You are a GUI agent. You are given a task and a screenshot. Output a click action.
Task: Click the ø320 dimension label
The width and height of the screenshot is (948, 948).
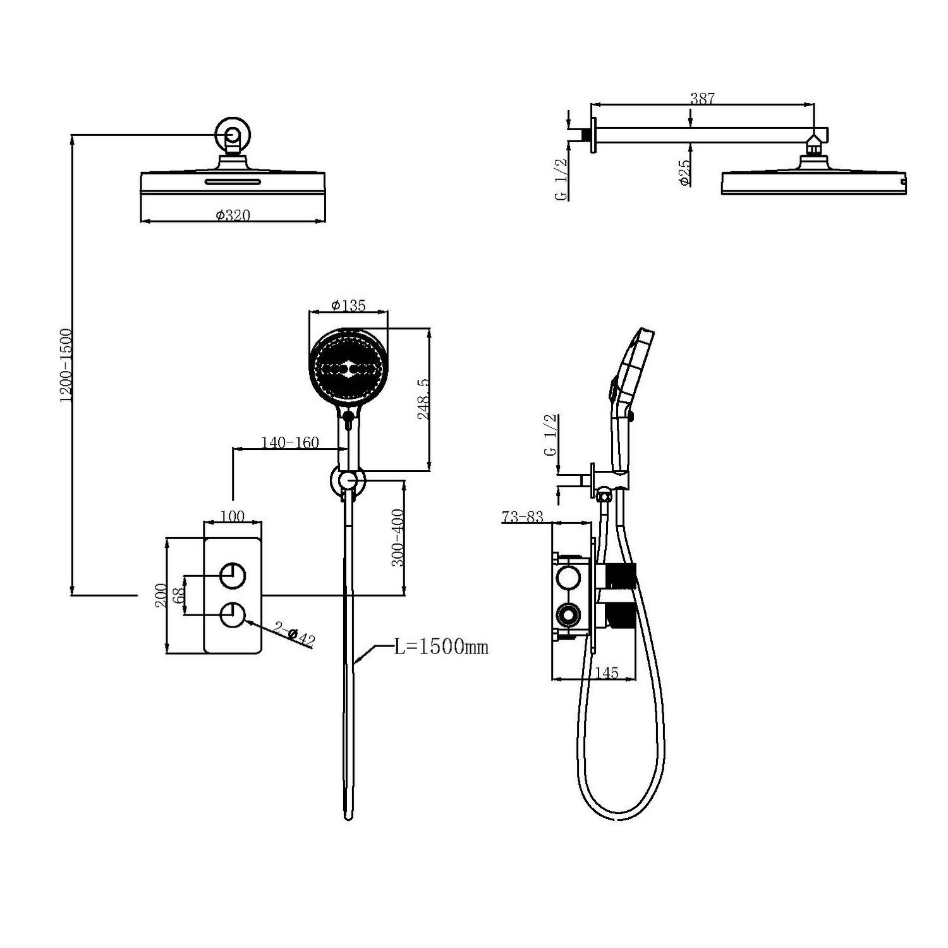(x=233, y=215)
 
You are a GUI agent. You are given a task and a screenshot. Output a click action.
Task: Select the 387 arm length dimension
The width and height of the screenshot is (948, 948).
(x=702, y=98)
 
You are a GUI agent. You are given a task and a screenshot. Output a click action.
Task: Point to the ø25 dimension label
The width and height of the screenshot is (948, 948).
(x=683, y=171)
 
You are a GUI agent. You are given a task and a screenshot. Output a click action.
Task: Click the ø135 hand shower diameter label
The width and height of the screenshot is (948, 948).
(x=348, y=305)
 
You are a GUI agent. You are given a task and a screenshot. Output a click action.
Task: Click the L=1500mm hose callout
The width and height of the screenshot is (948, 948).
(x=441, y=647)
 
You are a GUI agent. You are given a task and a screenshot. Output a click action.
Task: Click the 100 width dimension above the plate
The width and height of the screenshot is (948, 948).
(x=233, y=516)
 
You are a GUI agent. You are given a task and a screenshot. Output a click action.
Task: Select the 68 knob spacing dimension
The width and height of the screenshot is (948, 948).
(x=178, y=595)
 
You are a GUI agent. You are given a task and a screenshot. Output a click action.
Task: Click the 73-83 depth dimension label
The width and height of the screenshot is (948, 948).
(x=522, y=517)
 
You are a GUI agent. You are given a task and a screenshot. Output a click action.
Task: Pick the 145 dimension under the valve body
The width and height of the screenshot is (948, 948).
(x=606, y=672)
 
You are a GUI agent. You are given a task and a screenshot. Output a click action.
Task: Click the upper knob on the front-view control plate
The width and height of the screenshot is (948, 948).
(x=232, y=576)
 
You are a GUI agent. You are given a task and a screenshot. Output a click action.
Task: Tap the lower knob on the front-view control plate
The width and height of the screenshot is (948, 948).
(x=232, y=614)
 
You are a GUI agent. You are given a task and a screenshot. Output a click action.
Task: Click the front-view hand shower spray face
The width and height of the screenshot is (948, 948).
(x=346, y=367)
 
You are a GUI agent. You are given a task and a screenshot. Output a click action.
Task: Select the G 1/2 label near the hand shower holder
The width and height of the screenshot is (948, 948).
(x=550, y=435)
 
